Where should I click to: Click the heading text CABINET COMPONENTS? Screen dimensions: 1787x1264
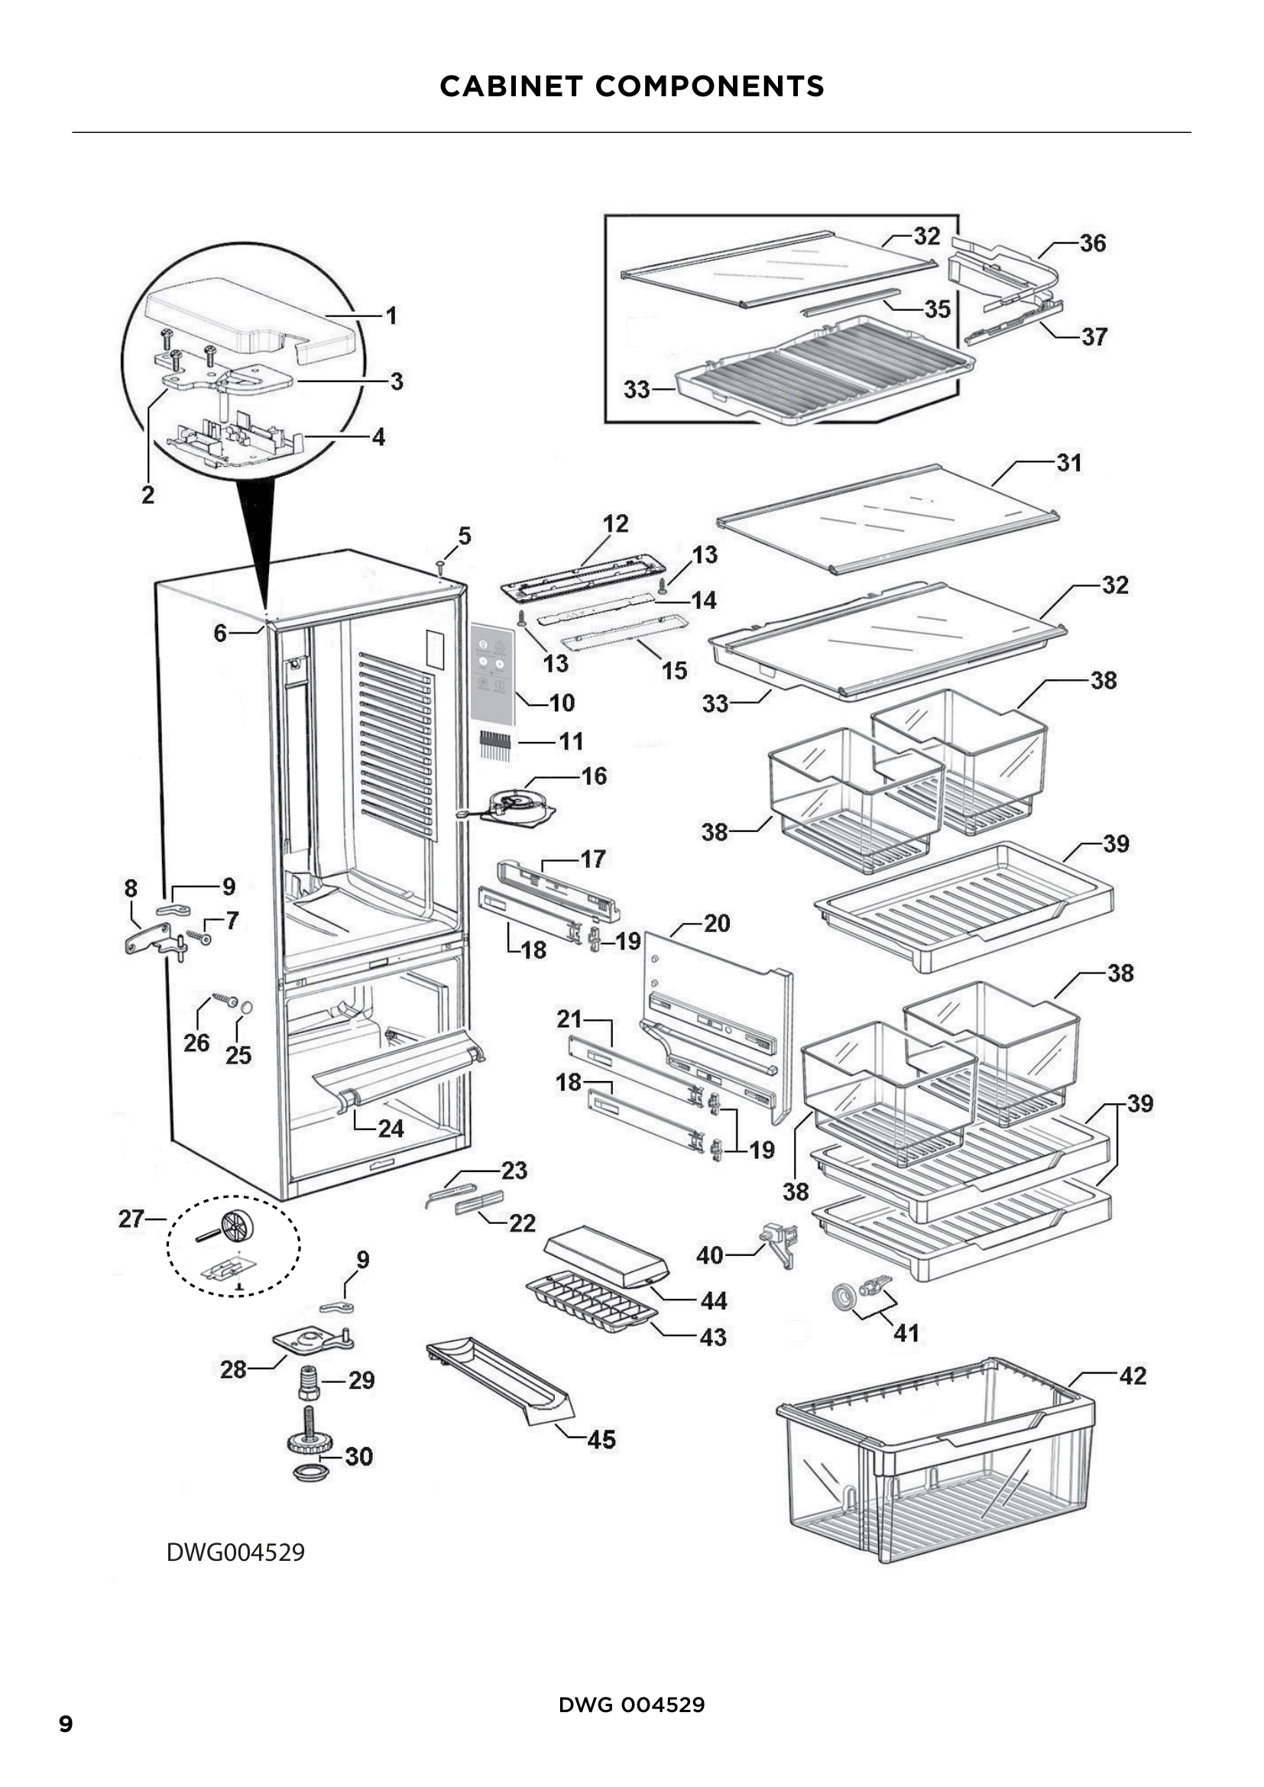point(631,86)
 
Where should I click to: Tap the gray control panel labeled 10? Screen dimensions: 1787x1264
point(492,674)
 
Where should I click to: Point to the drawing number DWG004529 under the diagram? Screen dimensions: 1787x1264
point(235,1552)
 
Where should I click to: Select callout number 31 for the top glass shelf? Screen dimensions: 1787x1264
point(1068,463)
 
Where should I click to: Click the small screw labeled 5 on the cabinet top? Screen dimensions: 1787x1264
point(439,565)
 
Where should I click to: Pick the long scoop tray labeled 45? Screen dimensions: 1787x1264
point(498,1379)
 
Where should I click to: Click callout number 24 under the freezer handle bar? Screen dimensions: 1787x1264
point(391,1128)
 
